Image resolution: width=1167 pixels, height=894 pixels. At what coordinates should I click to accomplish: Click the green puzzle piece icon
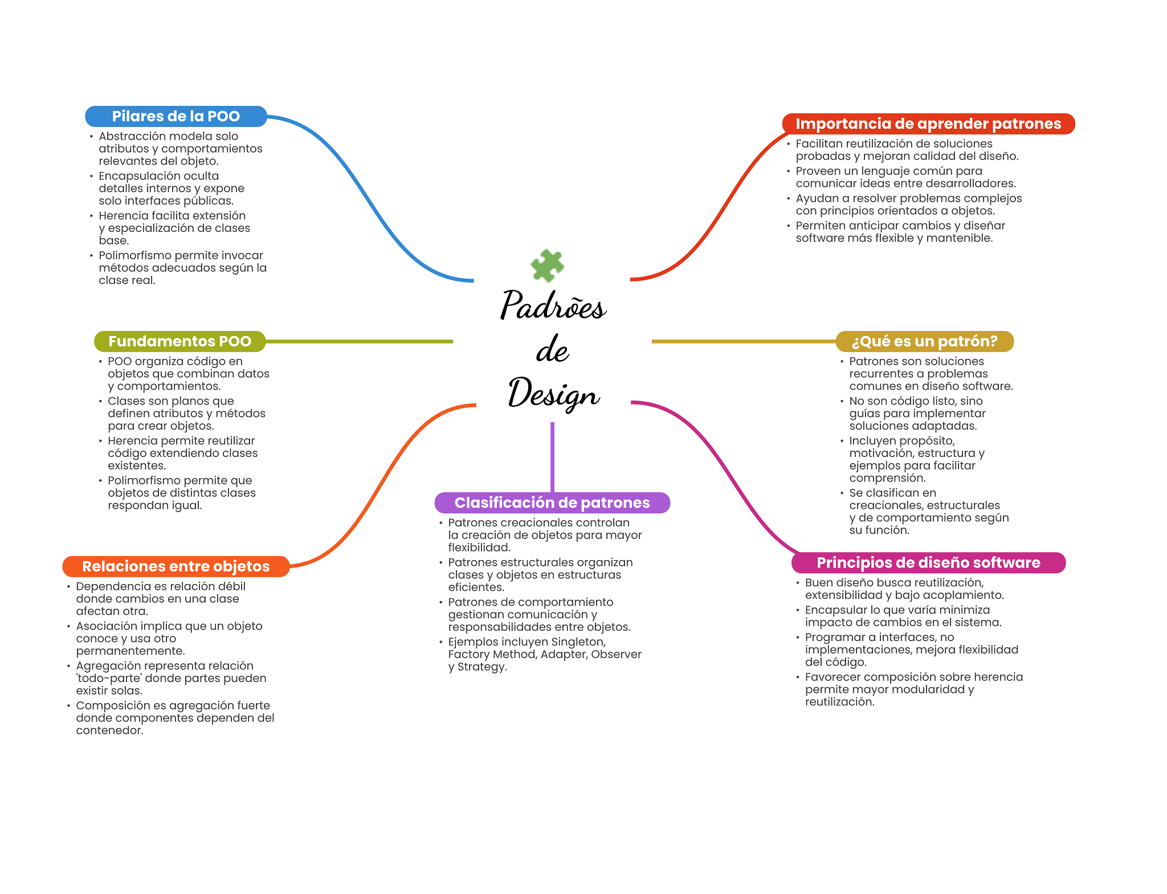(x=547, y=265)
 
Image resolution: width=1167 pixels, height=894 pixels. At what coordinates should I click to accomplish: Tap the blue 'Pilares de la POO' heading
(x=176, y=116)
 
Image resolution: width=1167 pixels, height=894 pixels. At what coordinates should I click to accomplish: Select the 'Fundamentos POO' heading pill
(x=179, y=341)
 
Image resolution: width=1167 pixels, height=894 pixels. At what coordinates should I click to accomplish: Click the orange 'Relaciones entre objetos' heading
(x=176, y=566)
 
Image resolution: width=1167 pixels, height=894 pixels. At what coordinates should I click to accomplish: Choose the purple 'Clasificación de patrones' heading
(x=552, y=503)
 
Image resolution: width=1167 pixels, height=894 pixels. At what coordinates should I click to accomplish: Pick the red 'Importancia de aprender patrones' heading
(x=928, y=124)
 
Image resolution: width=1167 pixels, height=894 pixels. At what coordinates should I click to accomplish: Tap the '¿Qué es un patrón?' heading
(x=924, y=341)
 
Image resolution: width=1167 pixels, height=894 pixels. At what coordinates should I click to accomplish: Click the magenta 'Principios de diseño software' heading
(x=928, y=563)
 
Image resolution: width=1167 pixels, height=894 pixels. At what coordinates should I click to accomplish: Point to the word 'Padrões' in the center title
(x=553, y=305)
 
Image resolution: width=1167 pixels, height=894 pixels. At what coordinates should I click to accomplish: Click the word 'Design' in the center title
(x=553, y=393)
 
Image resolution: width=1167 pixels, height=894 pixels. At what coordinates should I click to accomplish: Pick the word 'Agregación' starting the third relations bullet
(x=107, y=666)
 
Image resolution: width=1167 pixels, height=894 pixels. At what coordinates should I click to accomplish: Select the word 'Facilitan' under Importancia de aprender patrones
(x=821, y=144)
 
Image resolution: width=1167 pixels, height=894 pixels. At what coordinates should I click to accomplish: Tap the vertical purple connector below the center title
(x=552, y=456)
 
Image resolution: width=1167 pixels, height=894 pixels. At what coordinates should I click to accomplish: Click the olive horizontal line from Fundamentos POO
(x=359, y=341)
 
